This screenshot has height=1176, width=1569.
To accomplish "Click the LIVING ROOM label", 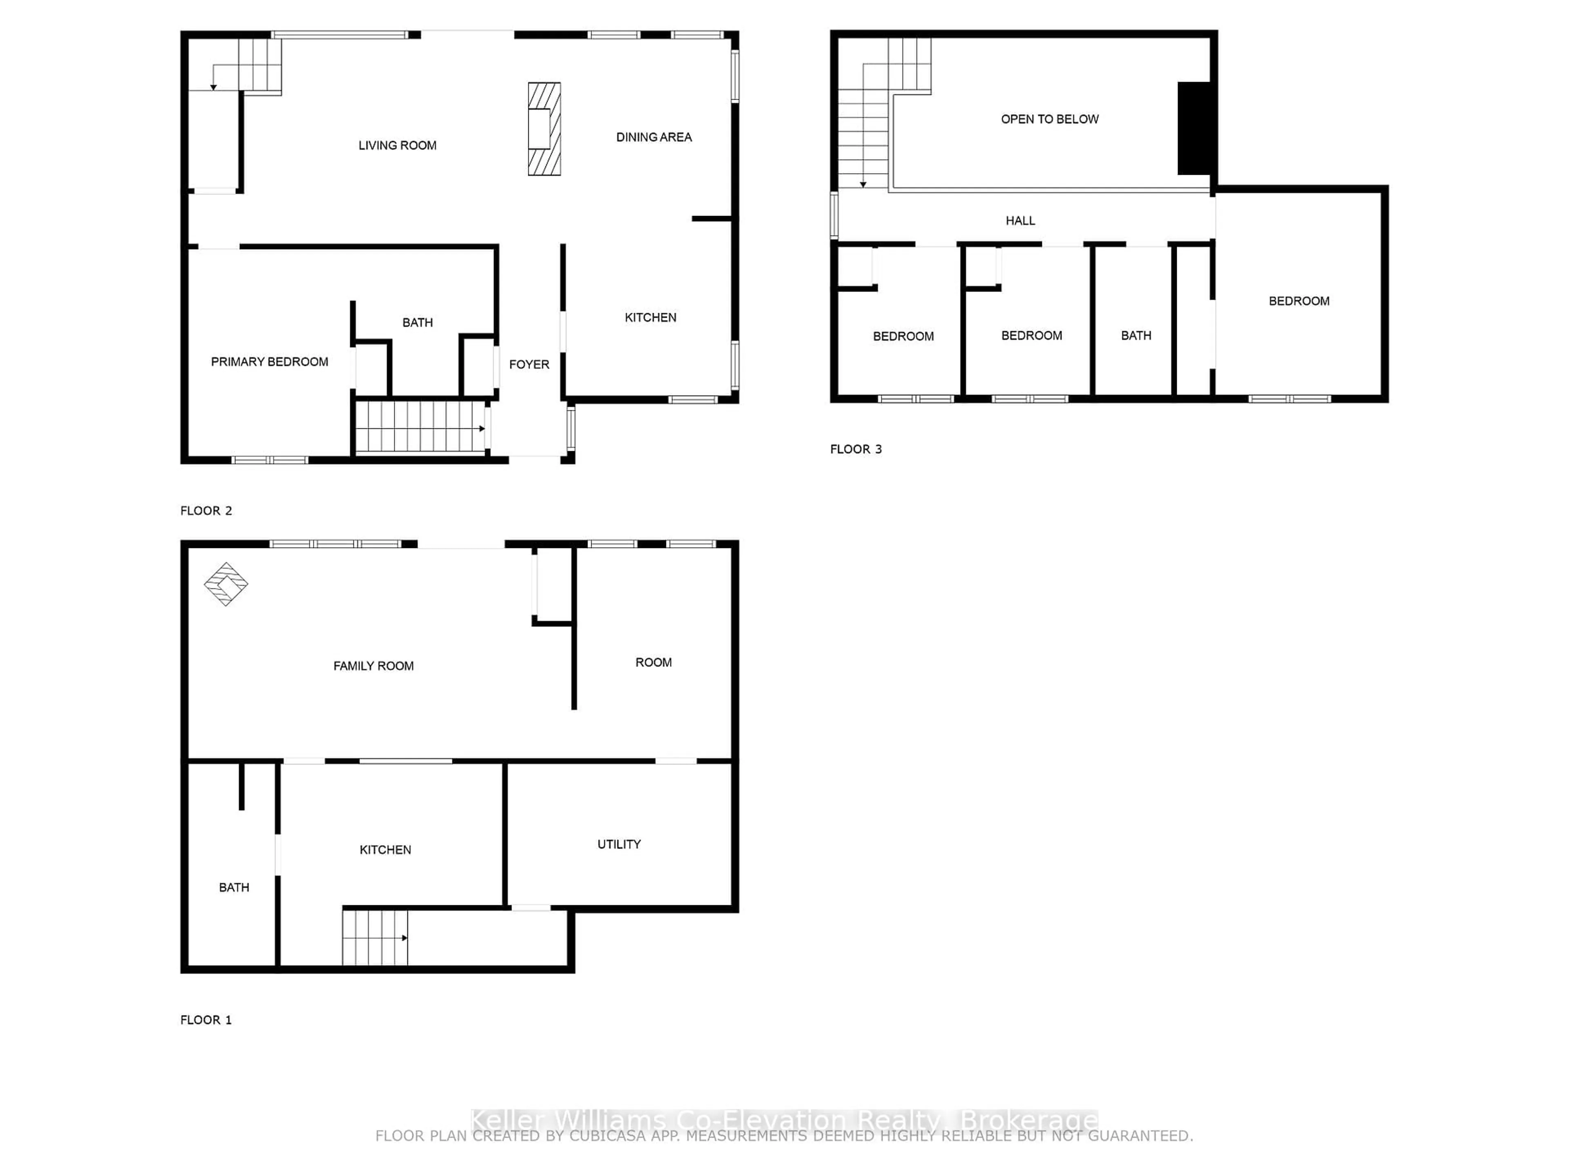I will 397,145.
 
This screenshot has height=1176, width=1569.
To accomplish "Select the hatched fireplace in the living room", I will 544,129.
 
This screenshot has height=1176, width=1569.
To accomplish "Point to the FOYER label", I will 529,364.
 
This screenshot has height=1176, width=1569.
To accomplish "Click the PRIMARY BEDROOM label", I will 270,361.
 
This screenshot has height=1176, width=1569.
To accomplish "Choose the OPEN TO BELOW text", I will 1049,119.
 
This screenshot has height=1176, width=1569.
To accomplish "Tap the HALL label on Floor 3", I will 1020,220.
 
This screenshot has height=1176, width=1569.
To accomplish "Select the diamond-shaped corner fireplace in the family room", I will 226,584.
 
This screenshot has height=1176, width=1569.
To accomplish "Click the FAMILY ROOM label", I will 373,666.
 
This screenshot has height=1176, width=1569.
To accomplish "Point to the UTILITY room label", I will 619,844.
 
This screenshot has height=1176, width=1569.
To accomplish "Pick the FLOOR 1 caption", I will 206,1020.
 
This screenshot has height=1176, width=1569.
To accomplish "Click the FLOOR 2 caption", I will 206,510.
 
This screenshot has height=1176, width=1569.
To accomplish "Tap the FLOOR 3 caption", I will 856,449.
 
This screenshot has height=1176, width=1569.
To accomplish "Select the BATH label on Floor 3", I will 1135,335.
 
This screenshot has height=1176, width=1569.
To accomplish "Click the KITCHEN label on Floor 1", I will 385,850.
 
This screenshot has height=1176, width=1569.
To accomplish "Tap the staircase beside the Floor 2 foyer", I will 420,427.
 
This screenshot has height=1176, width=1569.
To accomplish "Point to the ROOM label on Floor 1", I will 653,662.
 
